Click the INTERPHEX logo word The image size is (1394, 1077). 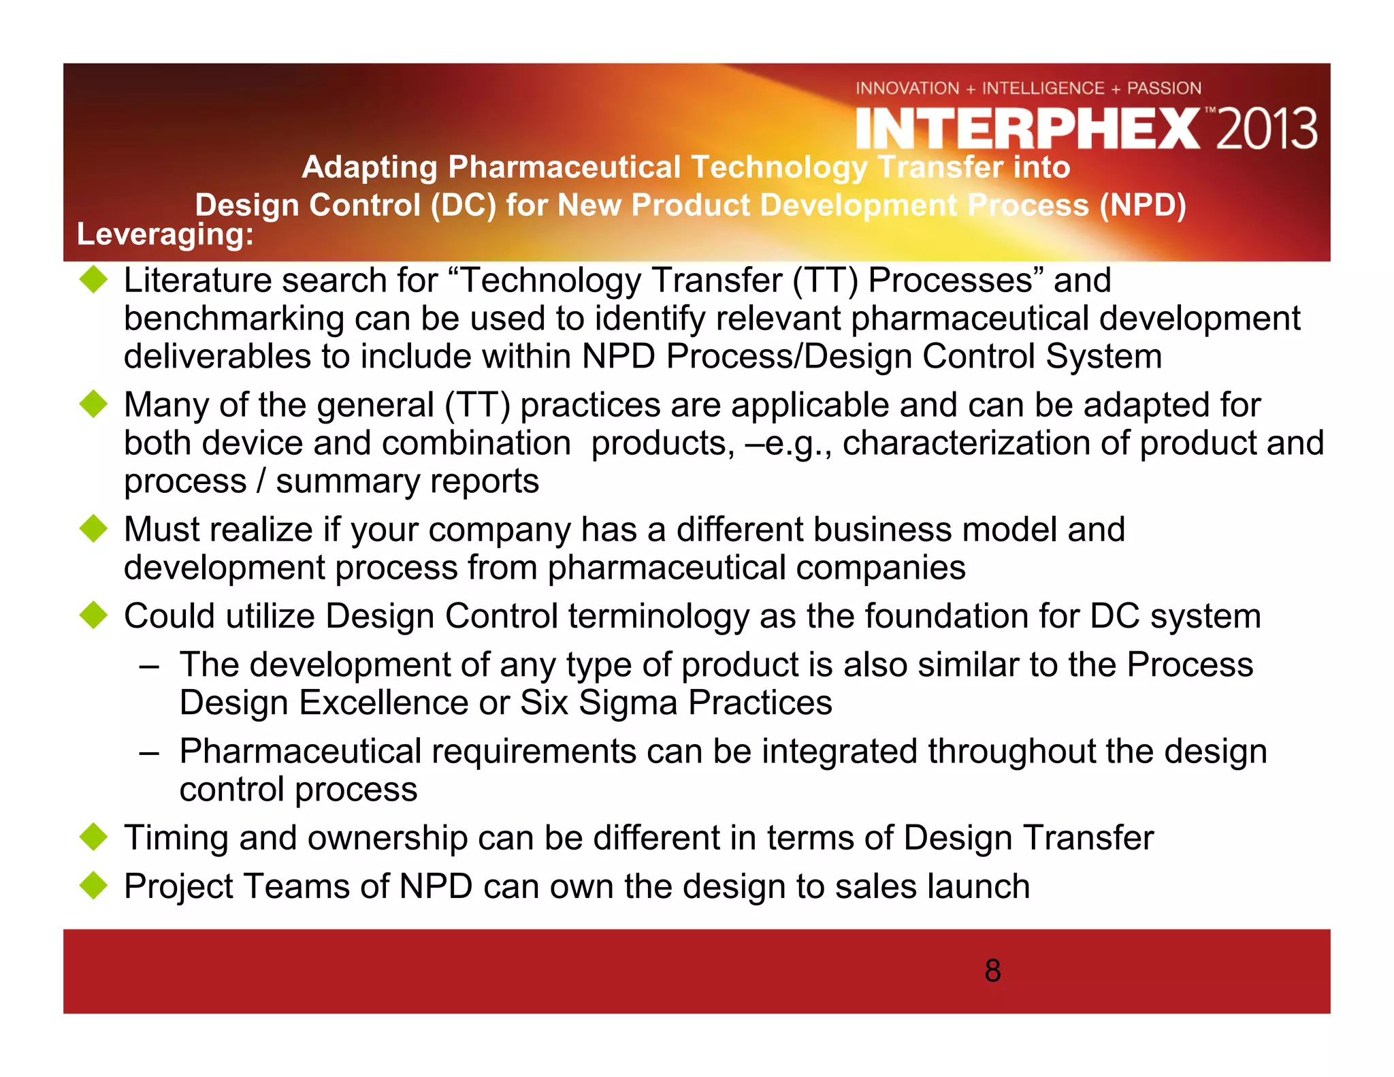1028,129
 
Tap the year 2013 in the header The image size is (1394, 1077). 1267,129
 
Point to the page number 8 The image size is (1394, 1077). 992,971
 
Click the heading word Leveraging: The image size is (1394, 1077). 165,234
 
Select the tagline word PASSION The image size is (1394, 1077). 1164,89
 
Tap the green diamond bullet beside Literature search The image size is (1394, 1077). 93,280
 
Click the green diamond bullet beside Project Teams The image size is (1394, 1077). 93,885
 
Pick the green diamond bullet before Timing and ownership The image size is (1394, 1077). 93,837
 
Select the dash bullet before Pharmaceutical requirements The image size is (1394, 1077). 149,753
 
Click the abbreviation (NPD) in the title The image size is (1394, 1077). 1142,205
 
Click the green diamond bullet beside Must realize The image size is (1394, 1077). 93,529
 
